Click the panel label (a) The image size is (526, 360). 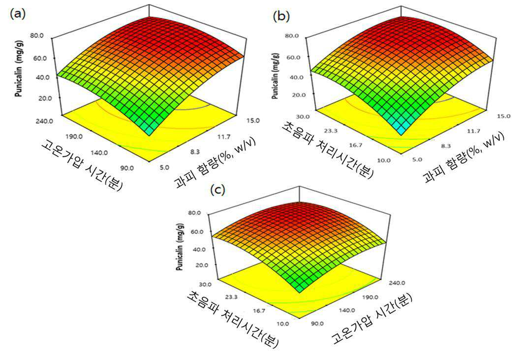[18, 14]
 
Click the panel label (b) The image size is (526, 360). [281, 16]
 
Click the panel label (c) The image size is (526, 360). [217, 190]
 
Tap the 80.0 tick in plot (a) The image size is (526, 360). [37, 35]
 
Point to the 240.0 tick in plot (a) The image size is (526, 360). [44, 121]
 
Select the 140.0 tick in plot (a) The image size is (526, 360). [99, 153]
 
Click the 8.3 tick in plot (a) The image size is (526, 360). [194, 152]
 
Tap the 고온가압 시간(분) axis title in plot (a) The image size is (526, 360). [82, 164]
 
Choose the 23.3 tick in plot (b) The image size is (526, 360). [331, 131]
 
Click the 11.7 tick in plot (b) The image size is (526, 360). [473, 131]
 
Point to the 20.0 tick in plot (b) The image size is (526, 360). [299, 95]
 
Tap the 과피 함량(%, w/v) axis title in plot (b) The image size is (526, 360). [464, 157]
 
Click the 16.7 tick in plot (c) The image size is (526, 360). [259, 310]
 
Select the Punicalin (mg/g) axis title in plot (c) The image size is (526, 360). [180, 247]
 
